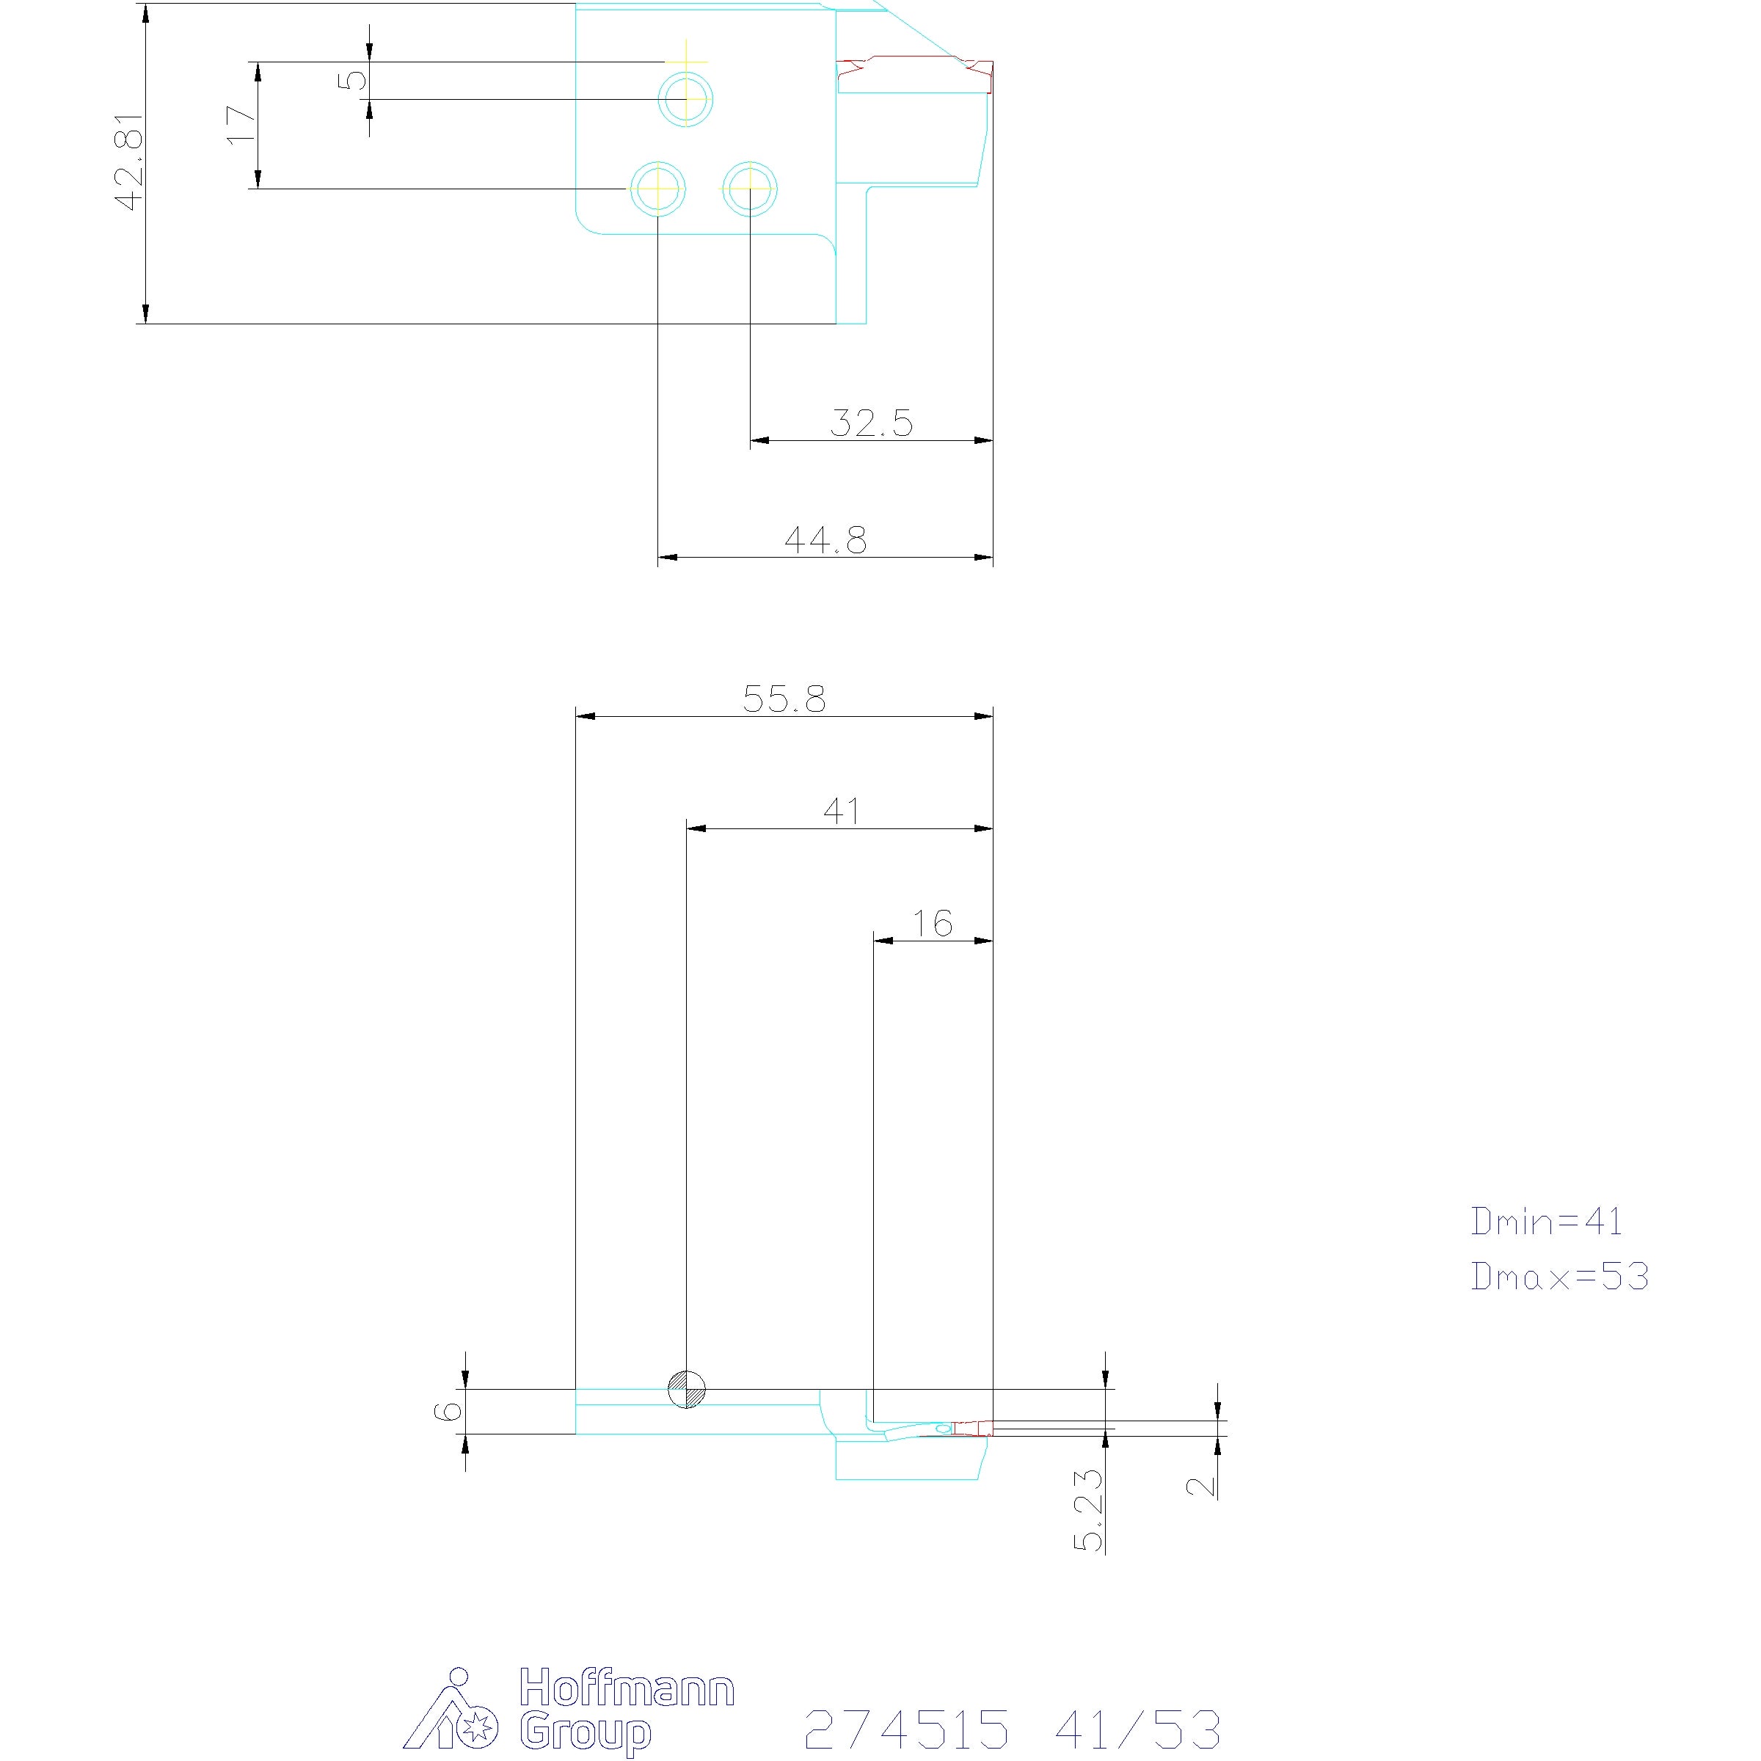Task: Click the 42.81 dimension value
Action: pos(129,162)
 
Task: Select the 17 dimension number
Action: pos(241,124)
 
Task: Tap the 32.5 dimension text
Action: pos(872,423)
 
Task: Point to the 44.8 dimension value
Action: pos(825,539)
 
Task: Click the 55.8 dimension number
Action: pos(784,699)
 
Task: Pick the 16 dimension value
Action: pos(933,923)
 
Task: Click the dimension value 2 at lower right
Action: pos(1201,1487)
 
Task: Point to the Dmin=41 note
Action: pos(1547,1222)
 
